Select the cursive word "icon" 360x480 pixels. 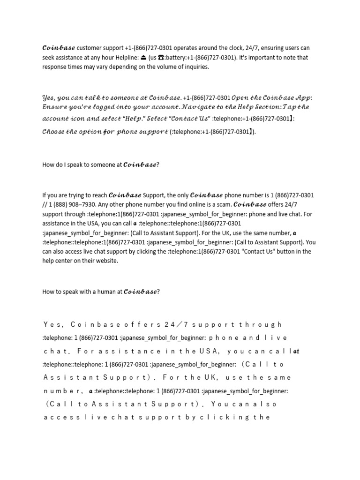coord(80,119)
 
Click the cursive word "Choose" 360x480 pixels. coord(52,132)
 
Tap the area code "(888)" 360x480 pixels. coord(65,204)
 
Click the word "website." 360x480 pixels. coord(106,261)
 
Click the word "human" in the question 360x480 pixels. coord(102,292)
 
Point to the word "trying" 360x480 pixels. coord(71,195)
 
